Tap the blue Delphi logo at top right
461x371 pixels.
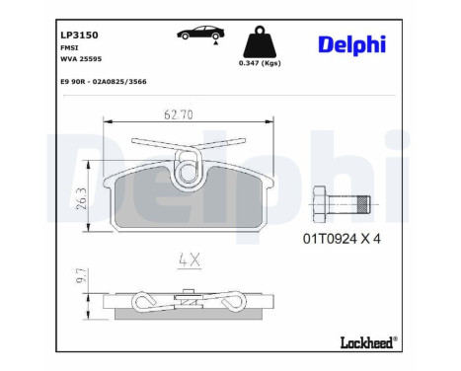click(x=350, y=44)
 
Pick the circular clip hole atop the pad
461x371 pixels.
click(x=188, y=172)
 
